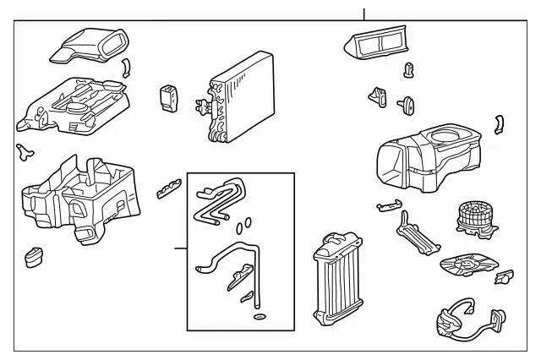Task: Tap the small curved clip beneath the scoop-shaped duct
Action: pyautogui.click(x=126, y=68)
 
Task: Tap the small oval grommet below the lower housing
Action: pyautogui.click(x=35, y=256)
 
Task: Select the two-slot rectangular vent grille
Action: pyautogui.click(x=378, y=39)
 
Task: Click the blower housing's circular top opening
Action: pyautogui.click(x=452, y=136)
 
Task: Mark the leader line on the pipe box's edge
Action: pyautogui.click(x=180, y=248)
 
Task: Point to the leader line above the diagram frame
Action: pyautogui.click(x=364, y=14)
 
